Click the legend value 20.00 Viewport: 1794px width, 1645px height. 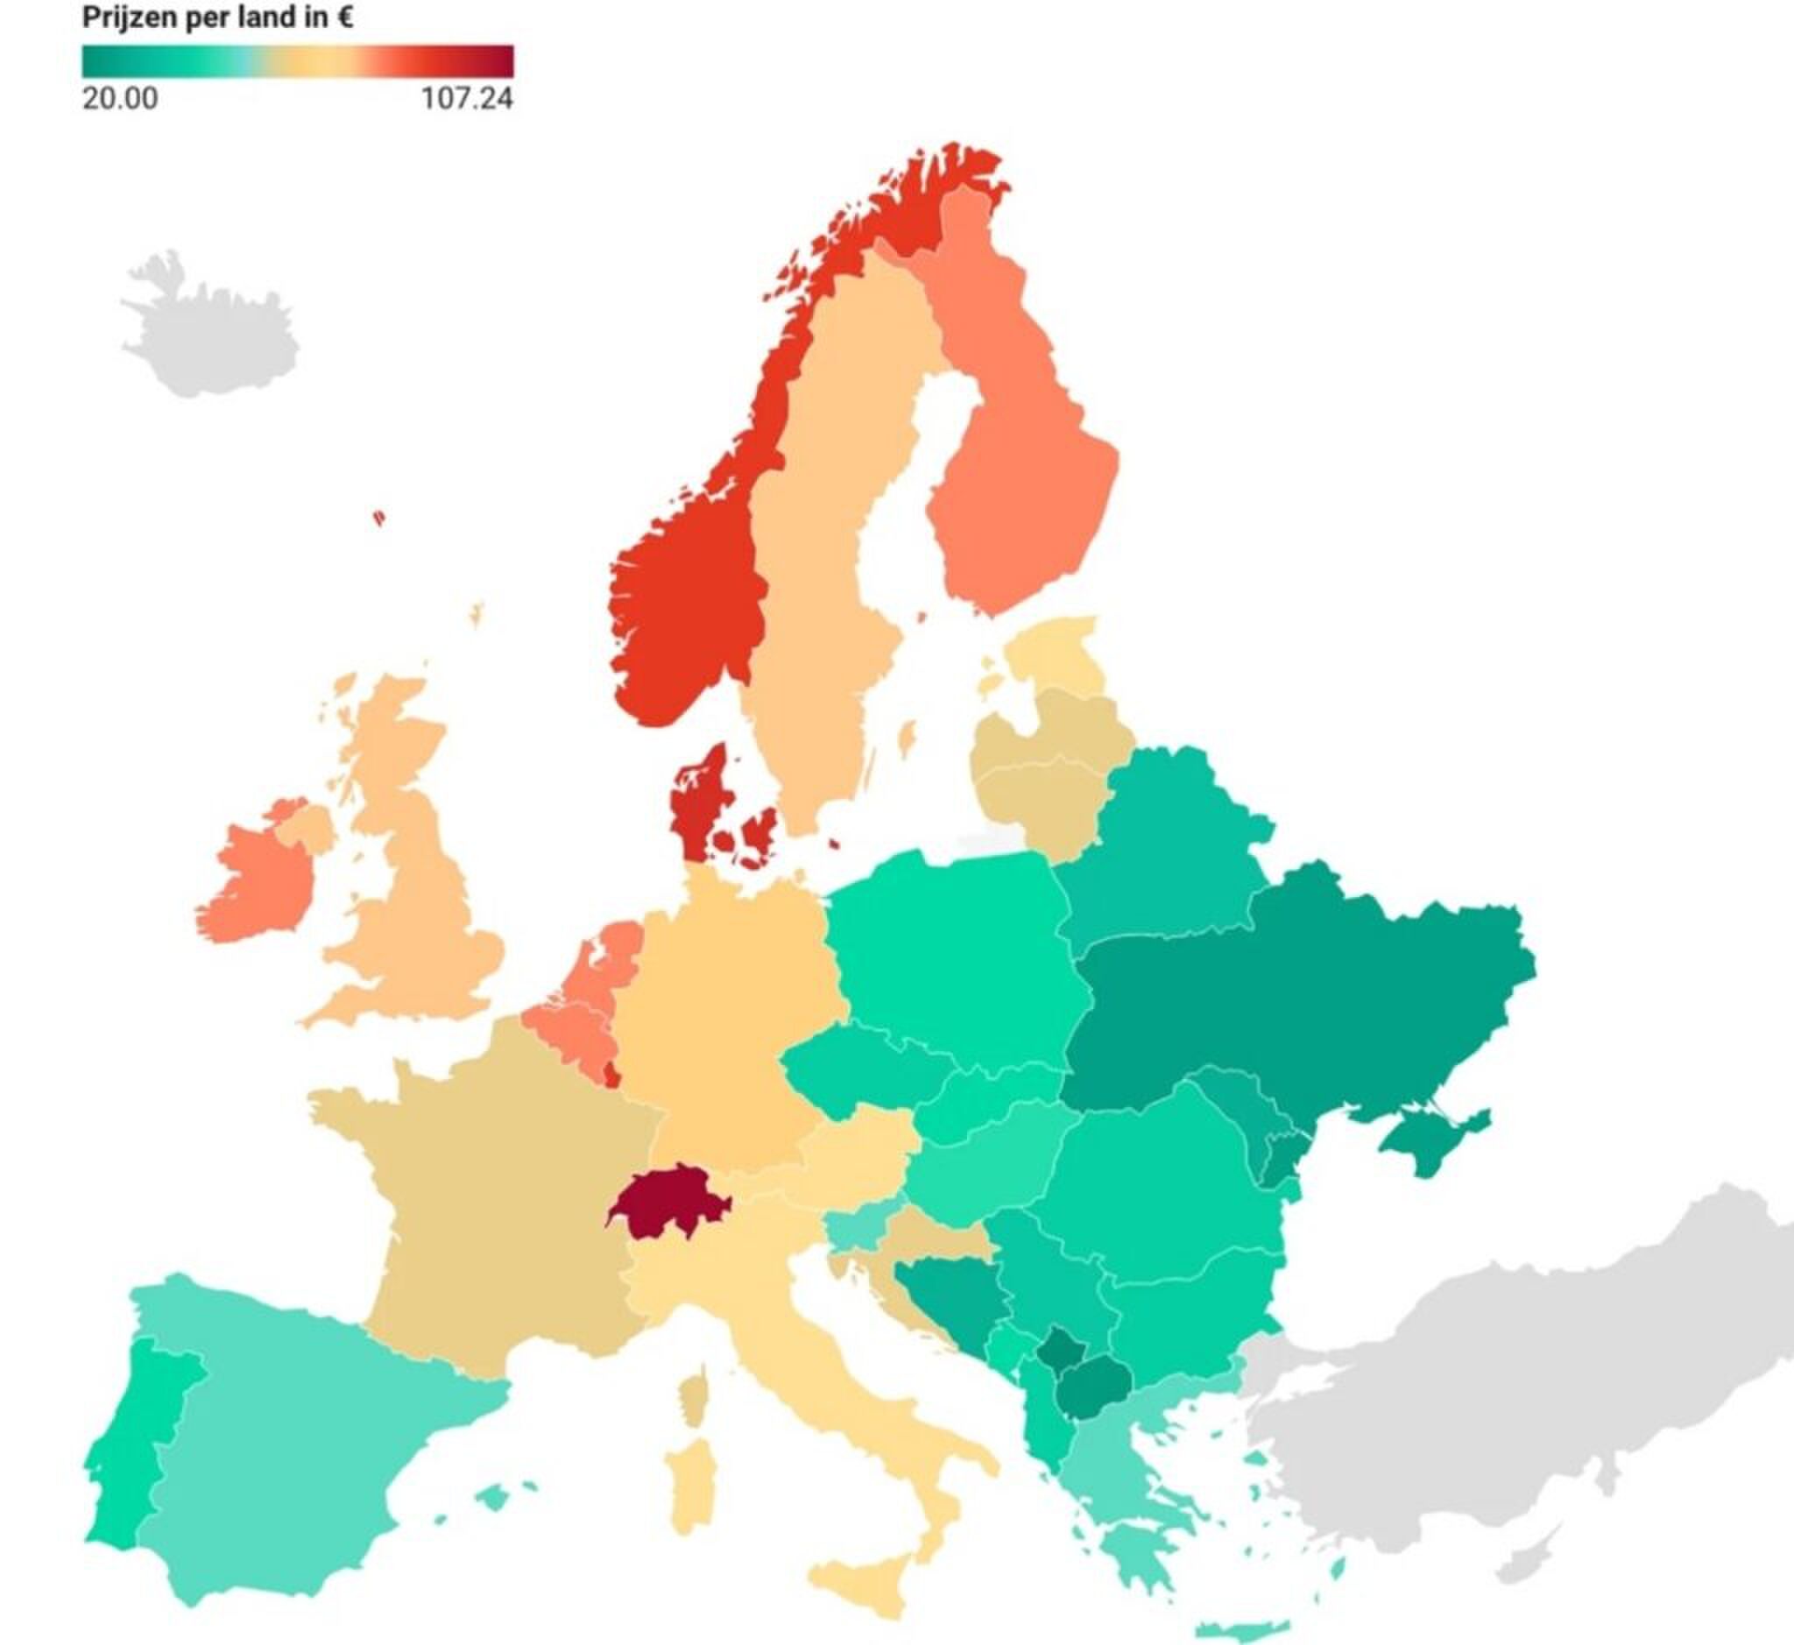[x=120, y=98]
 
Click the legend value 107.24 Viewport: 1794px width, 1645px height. [x=467, y=98]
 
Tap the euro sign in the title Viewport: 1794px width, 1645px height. [x=344, y=17]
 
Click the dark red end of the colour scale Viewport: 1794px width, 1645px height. [x=498, y=60]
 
